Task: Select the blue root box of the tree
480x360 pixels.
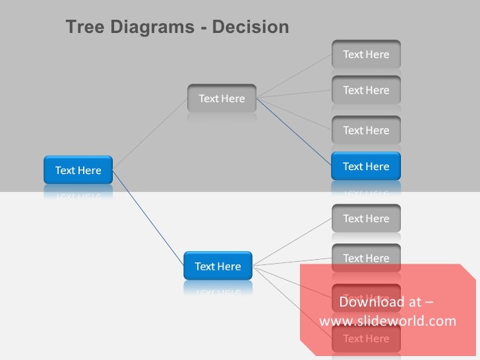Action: coord(78,170)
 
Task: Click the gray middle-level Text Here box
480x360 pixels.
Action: coord(222,98)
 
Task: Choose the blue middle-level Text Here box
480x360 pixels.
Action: coord(218,266)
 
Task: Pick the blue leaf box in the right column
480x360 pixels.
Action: coord(366,166)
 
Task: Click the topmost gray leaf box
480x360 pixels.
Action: coord(366,54)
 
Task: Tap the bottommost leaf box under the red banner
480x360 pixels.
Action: coord(366,339)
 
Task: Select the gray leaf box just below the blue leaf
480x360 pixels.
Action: coord(366,218)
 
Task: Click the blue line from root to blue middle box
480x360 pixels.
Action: coord(148,218)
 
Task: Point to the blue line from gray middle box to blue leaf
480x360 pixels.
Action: coord(293,132)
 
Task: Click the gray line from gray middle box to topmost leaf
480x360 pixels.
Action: coord(293,76)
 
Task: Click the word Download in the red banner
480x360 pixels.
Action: coord(371,302)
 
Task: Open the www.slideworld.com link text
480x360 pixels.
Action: coord(387,321)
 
